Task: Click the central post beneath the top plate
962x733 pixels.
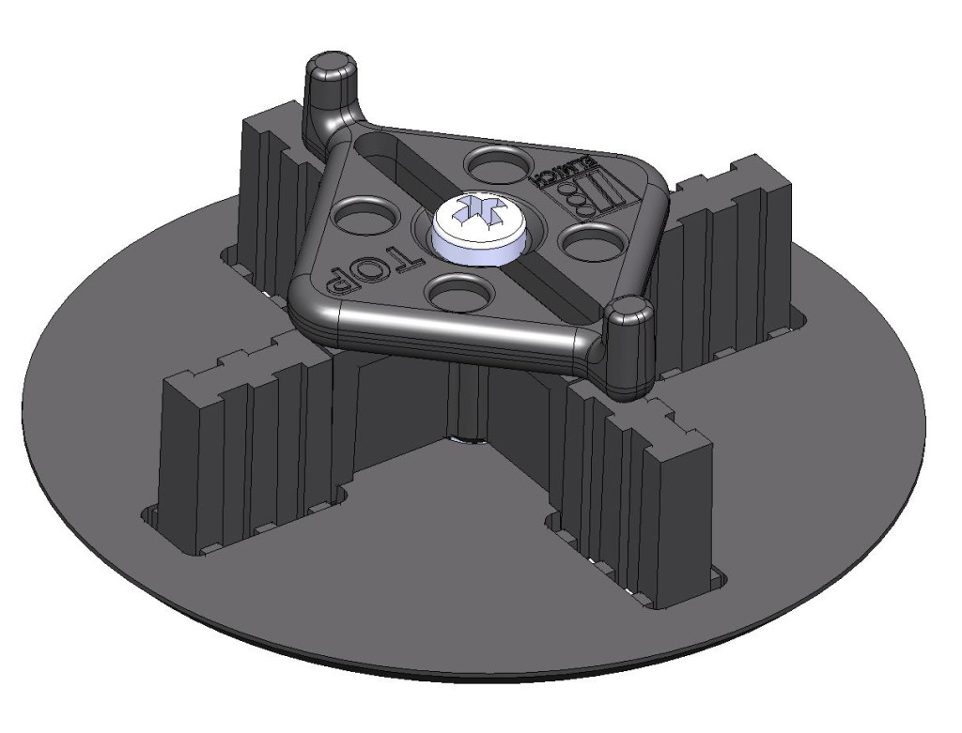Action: [466, 394]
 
